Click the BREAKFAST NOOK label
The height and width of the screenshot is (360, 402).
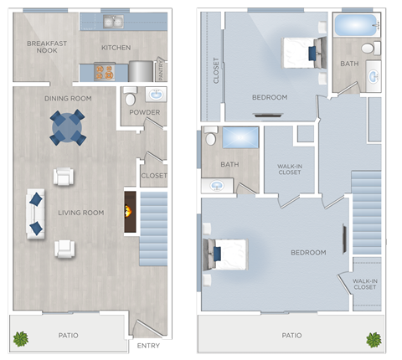click(x=41, y=47)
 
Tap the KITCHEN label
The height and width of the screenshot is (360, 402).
click(x=116, y=48)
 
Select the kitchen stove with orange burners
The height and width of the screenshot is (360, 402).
click(x=105, y=72)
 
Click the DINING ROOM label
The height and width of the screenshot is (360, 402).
click(x=68, y=99)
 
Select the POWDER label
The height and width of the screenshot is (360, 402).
click(x=146, y=112)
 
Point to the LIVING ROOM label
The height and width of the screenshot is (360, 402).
click(x=80, y=213)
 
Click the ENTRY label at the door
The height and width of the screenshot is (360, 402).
click(x=147, y=345)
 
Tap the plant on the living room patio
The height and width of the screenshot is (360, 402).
click(x=21, y=339)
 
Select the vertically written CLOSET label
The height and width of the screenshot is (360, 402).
click(x=216, y=70)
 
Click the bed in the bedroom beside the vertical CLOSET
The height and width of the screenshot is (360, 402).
click(x=299, y=52)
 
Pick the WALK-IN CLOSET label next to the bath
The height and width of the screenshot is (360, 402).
click(x=289, y=169)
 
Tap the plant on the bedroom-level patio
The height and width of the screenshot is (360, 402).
click(x=373, y=339)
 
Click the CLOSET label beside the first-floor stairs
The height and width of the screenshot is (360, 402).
click(x=153, y=176)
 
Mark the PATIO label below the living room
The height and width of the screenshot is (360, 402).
click(x=69, y=335)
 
